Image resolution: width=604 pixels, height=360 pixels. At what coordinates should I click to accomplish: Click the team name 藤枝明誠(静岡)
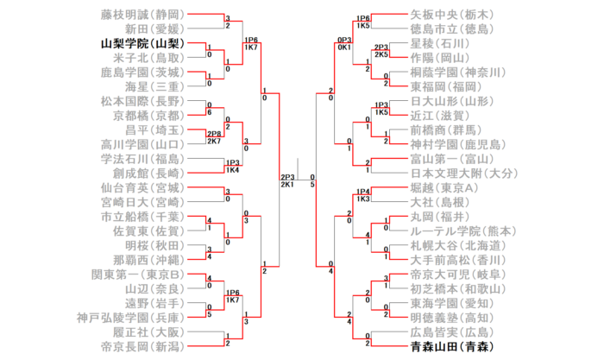[143, 14]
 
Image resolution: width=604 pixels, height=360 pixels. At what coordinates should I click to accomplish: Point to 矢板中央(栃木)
[450, 14]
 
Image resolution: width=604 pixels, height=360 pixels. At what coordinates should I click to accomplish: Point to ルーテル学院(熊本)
[462, 231]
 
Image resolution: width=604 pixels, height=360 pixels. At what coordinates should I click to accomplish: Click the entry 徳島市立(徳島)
[450, 28]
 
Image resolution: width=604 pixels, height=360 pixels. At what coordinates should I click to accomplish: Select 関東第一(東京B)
[137, 274]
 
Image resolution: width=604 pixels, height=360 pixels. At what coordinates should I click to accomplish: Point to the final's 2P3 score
[287, 176]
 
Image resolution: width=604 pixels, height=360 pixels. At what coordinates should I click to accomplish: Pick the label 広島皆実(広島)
[450, 332]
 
